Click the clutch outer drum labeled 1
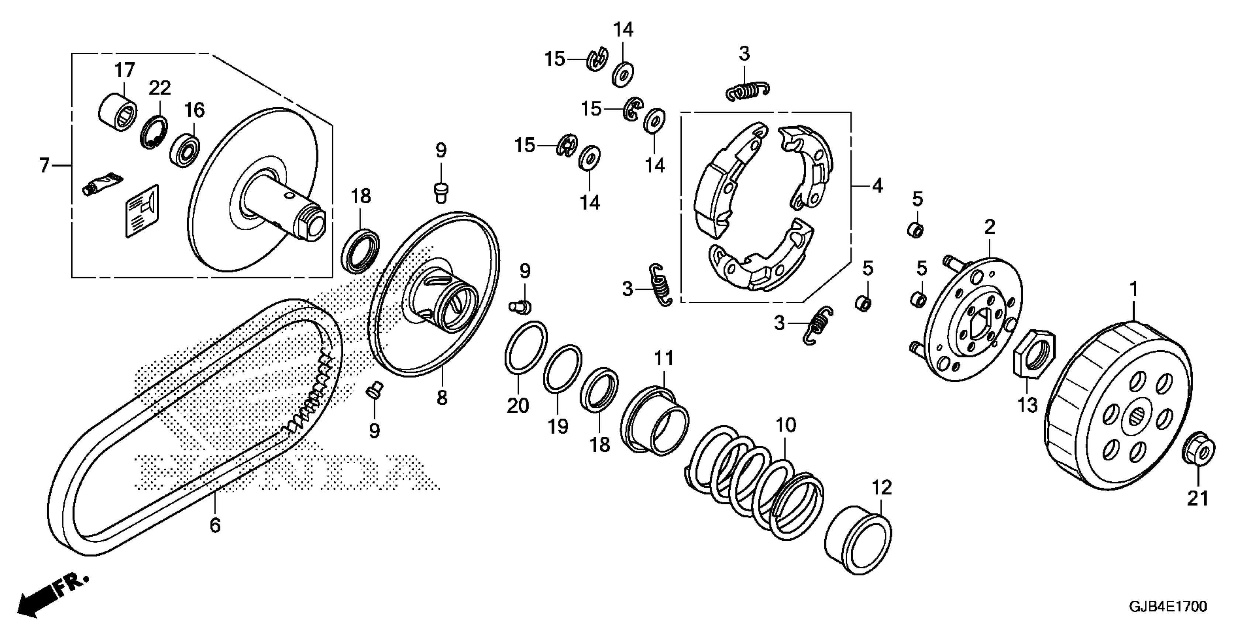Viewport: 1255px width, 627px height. [x=1121, y=414]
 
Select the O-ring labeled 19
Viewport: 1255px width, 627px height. [x=562, y=368]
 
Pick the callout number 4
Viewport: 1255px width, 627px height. [x=877, y=186]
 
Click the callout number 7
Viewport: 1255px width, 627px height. [x=44, y=166]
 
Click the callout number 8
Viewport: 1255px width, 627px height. [x=441, y=398]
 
